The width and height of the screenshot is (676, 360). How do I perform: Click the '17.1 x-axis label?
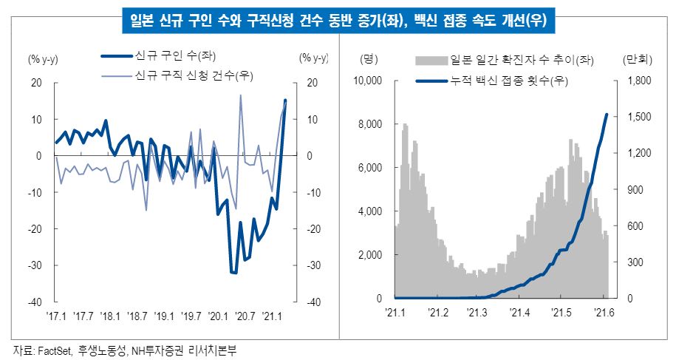click(55, 316)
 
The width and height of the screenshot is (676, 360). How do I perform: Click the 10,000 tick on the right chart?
click(369, 80)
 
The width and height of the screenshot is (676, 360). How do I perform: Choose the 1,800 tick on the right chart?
click(637, 80)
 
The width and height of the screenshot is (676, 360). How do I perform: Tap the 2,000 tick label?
click(372, 255)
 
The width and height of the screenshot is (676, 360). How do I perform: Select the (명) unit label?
click(369, 58)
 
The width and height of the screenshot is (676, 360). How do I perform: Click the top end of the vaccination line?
click(607, 115)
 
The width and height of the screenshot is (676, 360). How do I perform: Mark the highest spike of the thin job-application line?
click(241, 95)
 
